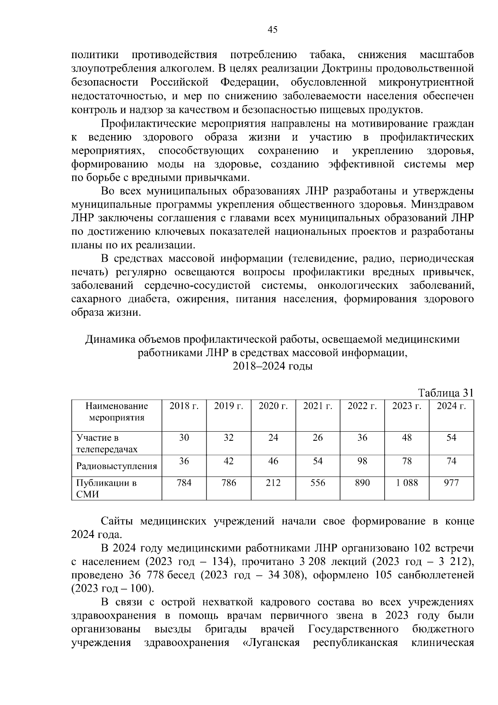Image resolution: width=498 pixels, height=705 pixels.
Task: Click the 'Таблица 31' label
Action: tap(446, 393)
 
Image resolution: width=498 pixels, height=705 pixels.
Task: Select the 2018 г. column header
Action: tap(184, 406)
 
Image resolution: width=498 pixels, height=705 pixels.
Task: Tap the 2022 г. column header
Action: tap(362, 406)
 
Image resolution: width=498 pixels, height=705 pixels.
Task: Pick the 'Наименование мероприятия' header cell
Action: tap(117, 412)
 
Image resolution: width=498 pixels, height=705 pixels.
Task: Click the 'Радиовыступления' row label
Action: tap(117, 466)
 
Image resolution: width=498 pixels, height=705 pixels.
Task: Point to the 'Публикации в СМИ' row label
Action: tap(106, 489)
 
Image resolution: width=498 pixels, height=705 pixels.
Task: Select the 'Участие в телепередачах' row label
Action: tap(107, 443)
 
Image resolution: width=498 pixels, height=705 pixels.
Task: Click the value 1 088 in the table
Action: tap(407, 483)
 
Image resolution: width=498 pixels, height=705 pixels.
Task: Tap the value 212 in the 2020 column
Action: tap(273, 483)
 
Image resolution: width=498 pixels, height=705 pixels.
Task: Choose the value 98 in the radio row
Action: tap(362, 461)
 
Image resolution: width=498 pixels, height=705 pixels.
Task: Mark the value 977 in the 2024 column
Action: tap(451, 483)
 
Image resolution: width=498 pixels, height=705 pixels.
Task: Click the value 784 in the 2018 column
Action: tap(184, 483)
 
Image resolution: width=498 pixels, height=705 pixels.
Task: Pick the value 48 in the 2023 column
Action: tap(407, 437)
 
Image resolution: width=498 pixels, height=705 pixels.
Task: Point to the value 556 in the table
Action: tap(317, 483)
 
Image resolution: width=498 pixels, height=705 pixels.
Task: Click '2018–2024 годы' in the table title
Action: tap(272, 366)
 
